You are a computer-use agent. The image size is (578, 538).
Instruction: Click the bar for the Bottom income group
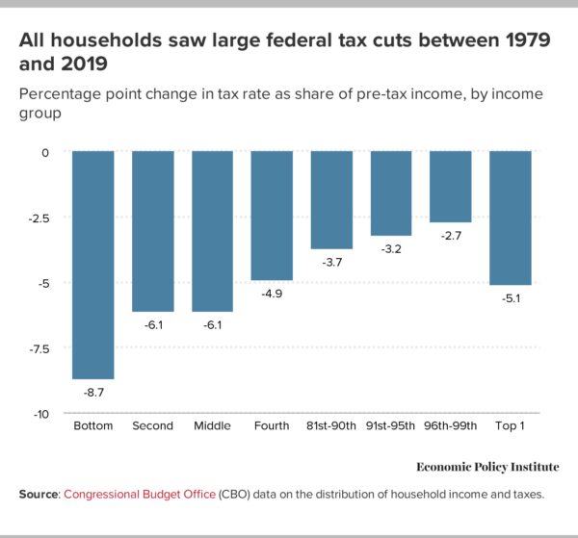93,265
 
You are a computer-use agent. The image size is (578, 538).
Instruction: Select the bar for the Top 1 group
511,218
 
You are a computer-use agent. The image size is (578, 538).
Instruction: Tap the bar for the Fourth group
272,216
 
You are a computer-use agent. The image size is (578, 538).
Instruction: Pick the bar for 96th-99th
451,187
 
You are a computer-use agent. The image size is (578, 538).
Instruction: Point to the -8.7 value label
93,392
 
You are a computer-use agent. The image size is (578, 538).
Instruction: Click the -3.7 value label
331,262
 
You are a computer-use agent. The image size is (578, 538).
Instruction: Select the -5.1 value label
511,298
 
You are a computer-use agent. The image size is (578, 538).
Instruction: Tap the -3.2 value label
391,248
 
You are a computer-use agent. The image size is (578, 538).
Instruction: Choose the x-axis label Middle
212,425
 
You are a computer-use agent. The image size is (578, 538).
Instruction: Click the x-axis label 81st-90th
331,425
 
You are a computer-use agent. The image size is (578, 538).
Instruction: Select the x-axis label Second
153,425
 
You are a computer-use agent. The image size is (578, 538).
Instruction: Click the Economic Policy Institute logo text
486,467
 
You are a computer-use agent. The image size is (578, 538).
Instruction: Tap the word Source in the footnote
39,494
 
